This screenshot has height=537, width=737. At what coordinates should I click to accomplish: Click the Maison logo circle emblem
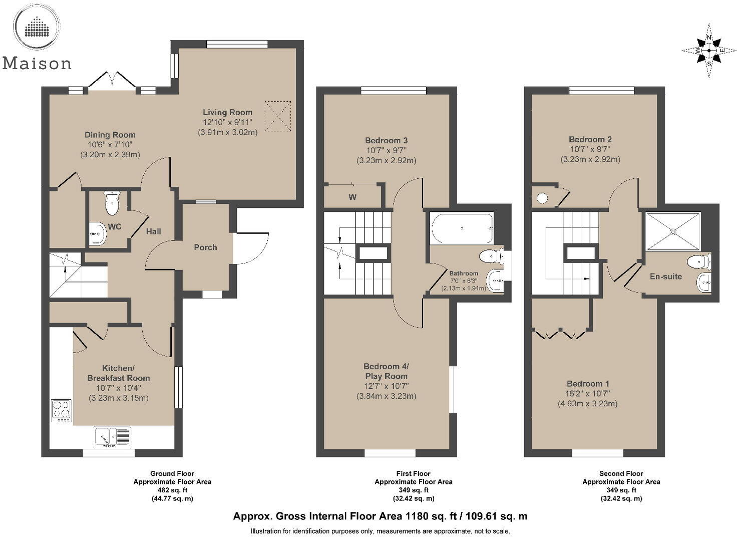pos(37,26)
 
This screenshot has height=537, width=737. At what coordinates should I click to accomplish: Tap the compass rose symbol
pos(709,51)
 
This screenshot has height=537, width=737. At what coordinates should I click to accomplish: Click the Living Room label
pos(227,113)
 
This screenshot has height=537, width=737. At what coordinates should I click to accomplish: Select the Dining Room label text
pos(110,135)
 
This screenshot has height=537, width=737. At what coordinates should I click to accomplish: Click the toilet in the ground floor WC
pos(112,203)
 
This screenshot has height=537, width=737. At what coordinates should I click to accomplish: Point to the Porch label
pos(205,247)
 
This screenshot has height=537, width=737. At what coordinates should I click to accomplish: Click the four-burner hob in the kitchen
pos(62,409)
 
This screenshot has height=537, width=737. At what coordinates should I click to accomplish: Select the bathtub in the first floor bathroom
pos(462,228)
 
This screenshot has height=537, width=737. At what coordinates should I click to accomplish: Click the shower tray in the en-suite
pos(673,231)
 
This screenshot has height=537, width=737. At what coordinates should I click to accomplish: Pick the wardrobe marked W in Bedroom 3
pos(352,197)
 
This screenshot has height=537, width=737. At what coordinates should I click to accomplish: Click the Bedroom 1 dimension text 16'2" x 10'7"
pos(588,394)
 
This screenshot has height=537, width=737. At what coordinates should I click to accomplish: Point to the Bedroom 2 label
pos(590,140)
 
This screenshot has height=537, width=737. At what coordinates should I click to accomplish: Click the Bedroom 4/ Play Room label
pos(386,371)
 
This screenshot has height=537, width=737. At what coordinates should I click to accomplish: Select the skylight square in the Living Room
pos(278,116)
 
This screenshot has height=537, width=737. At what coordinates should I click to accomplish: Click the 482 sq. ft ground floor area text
pos(172,490)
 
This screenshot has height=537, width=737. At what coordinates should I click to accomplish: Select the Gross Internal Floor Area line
pos(380,516)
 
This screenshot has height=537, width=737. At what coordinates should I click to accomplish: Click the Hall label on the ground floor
pos(153,231)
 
